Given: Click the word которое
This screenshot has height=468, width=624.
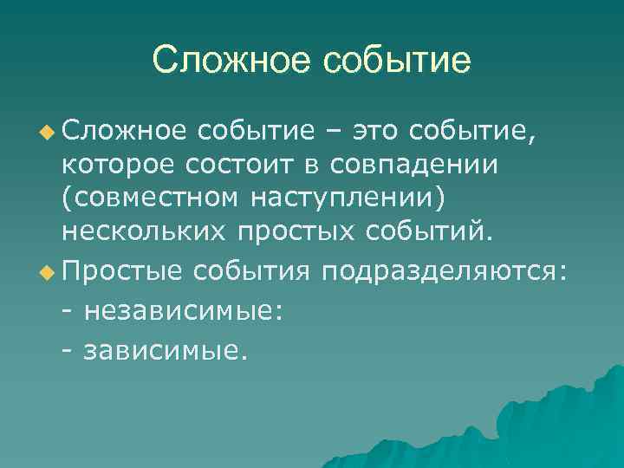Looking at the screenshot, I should pyautogui.click(x=127, y=165).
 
